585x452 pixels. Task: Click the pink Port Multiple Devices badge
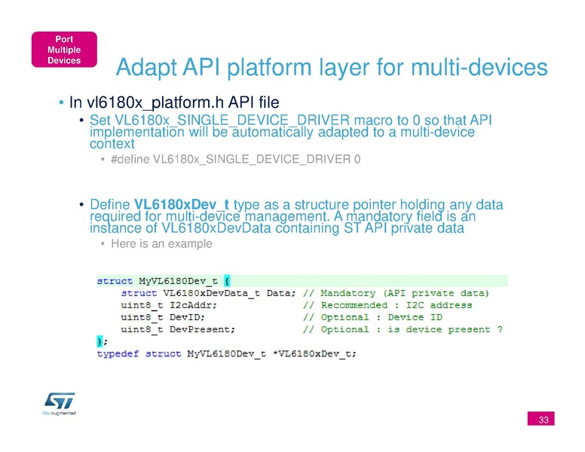pos(64,50)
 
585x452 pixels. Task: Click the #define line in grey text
pos(236,159)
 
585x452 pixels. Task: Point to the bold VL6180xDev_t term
pos(182,204)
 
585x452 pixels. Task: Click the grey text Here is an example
pos(161,243)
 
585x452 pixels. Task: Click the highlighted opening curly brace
pos(227,281)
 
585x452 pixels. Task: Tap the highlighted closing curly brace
pos(100,341)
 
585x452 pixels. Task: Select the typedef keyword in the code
pos(118,354)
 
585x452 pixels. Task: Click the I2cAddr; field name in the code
pos(193,305)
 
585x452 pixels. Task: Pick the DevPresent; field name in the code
pos(202,330)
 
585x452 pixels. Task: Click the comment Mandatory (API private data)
pos(404,293)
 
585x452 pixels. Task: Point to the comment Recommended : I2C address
pos(397,305)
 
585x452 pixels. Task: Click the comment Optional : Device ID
pos(381,317)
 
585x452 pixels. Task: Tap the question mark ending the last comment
pos(500,329)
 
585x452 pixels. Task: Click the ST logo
pos(60,404)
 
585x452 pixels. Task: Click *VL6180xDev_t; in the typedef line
pos(314,354)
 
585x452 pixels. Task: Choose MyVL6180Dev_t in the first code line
pos(178,281)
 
